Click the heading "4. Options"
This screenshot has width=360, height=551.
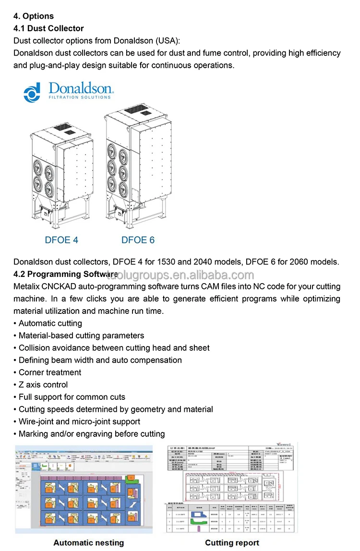(34, 16)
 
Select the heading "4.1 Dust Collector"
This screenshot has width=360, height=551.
(48, 28)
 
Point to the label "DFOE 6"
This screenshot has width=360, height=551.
(138, 240)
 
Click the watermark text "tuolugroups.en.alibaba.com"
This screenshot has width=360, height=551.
(180, 275)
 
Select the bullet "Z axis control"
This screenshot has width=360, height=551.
(43, 384)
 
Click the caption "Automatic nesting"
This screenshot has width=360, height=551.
(88, 543)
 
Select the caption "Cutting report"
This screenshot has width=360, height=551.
(232, 543)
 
